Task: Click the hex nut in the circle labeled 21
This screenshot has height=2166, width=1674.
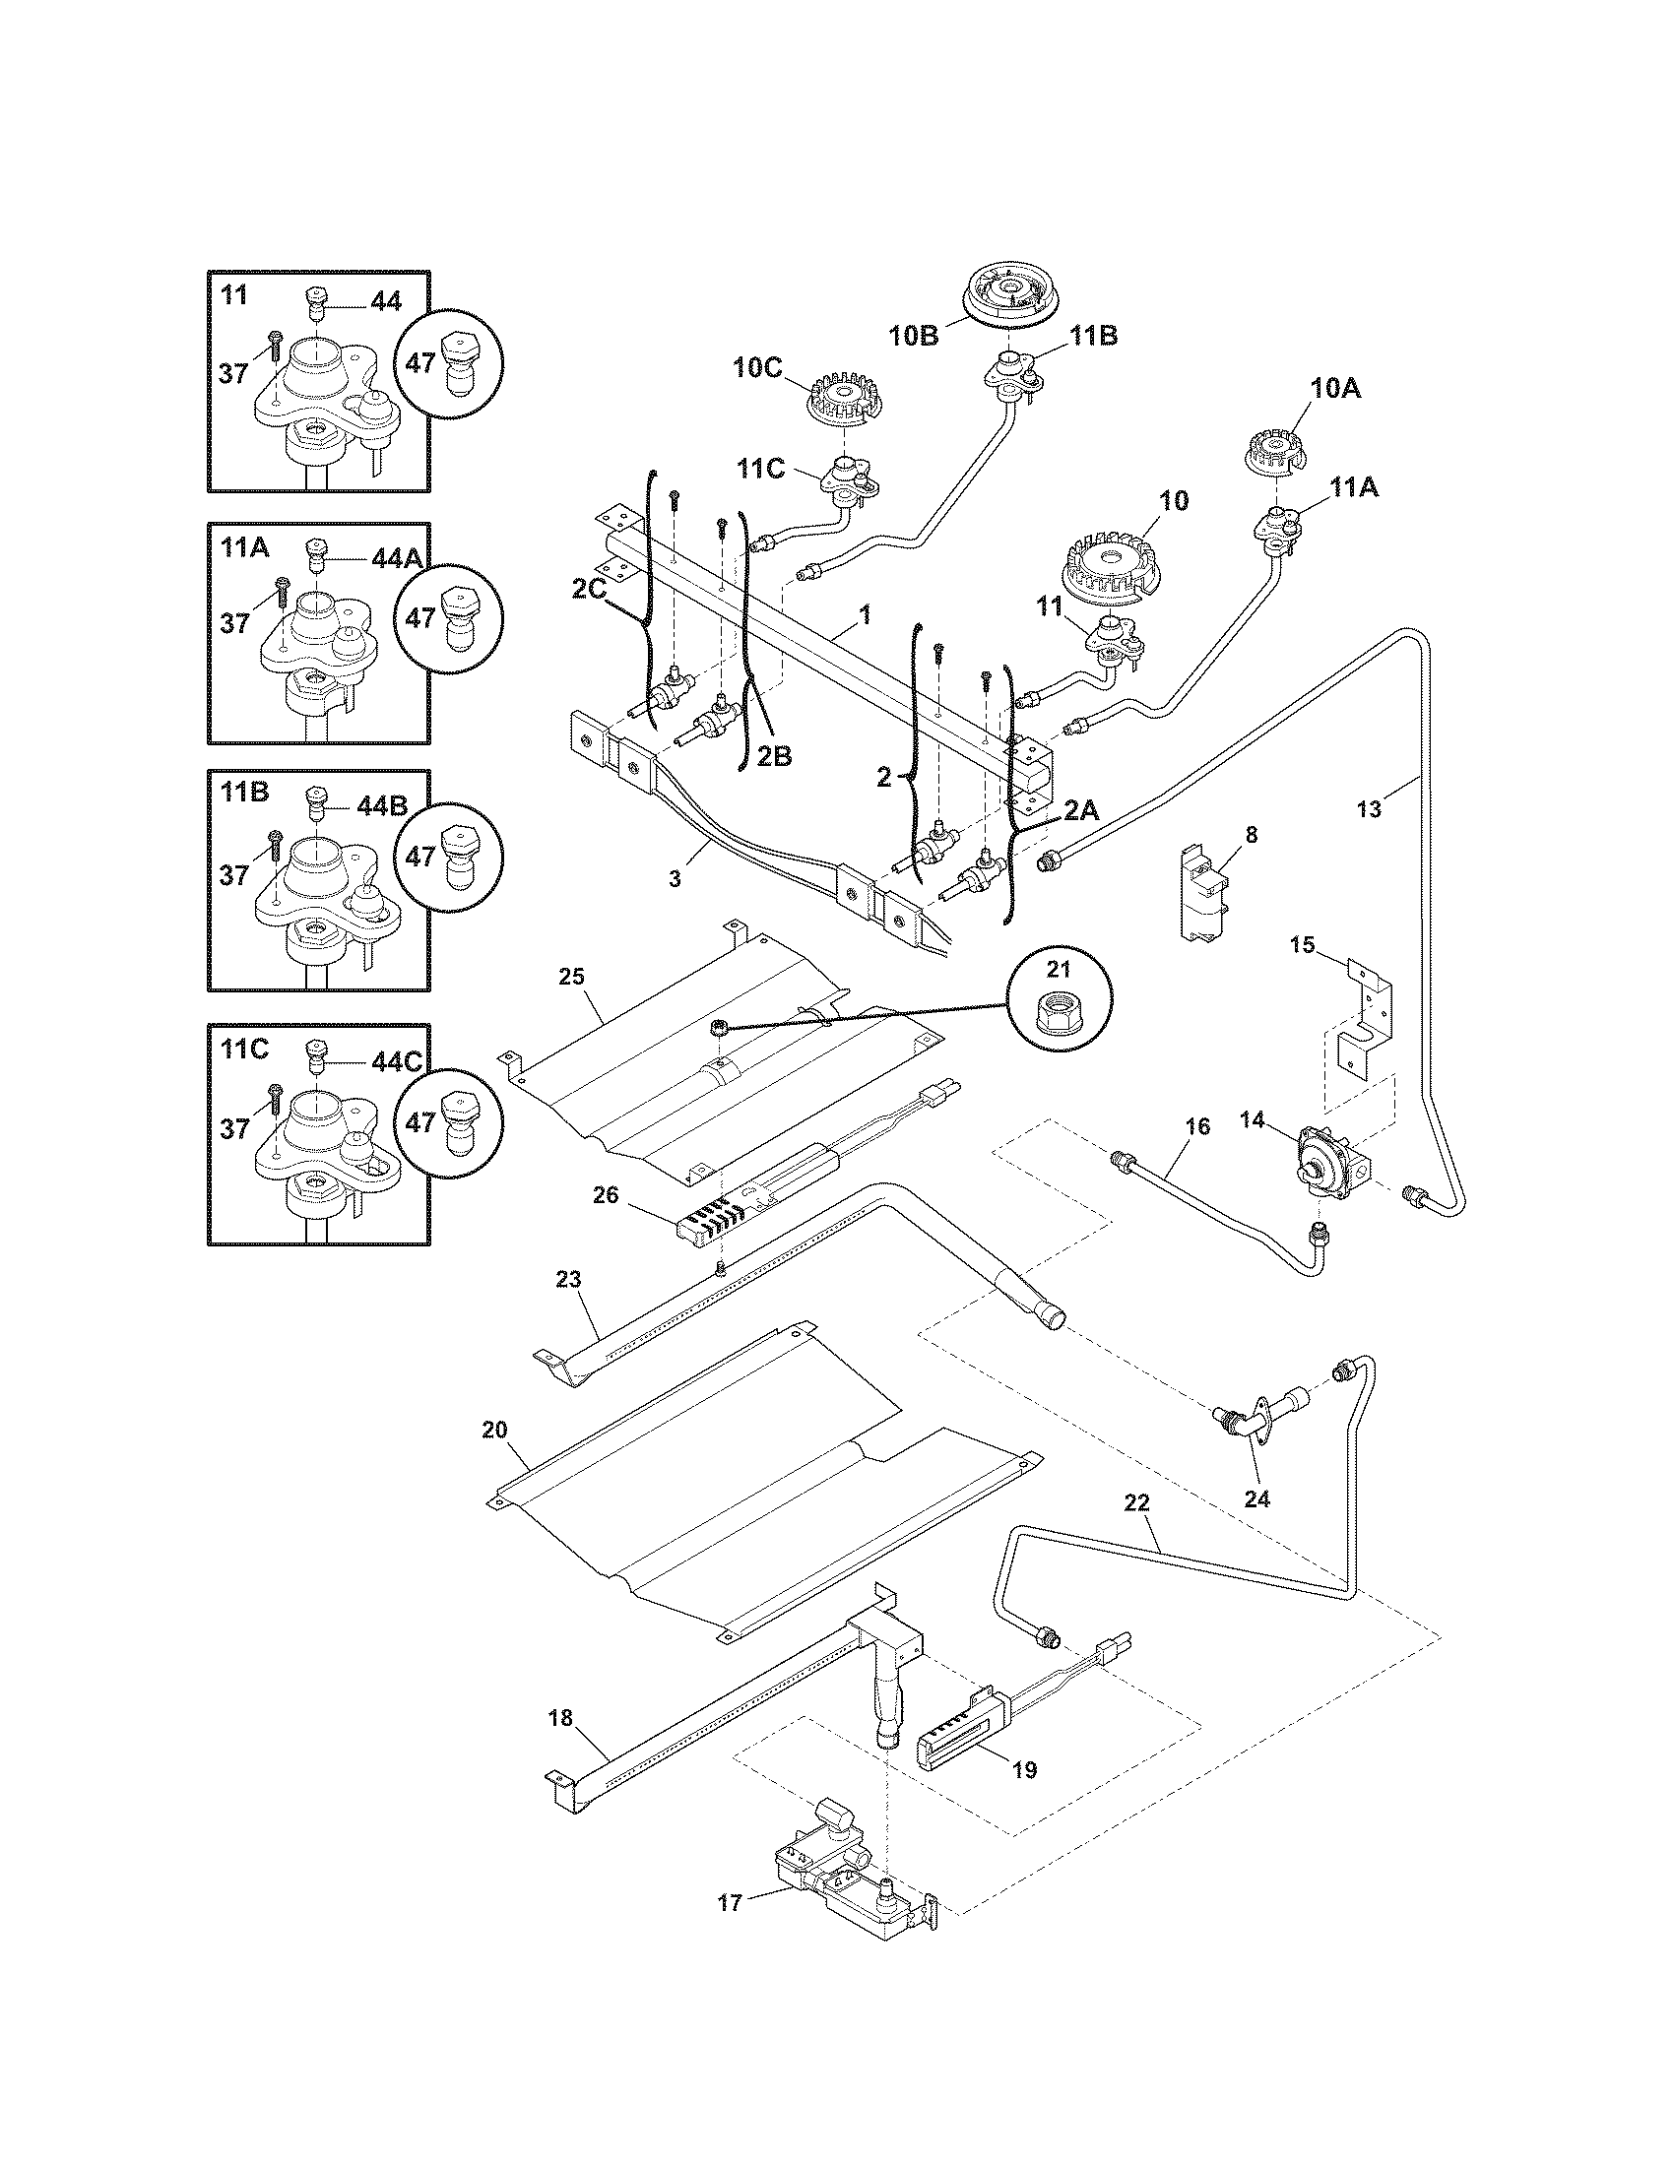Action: click(1059, 1010)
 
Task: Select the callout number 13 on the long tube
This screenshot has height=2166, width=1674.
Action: click(1369, 810)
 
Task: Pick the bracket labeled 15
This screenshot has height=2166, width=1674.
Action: click(1367, 1022)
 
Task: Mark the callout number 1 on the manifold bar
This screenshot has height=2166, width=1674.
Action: click(865, 615)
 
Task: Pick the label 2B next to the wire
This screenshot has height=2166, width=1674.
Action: click(775, 756)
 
